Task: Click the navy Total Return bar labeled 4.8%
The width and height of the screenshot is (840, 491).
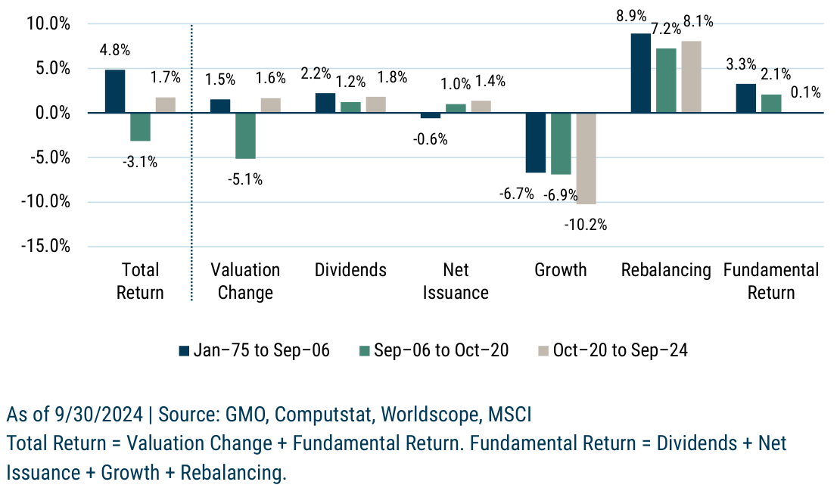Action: (x=115, y=92)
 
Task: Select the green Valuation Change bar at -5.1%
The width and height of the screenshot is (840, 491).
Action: (x=245, y=135)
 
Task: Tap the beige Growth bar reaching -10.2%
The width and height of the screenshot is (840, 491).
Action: (x=586, y=159)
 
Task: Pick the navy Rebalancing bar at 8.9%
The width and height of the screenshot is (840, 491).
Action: (x=640, y=73)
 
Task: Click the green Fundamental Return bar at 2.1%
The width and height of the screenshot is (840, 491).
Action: (x=771, y=104)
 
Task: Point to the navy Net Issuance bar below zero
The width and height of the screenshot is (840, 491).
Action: (x=430, y=116)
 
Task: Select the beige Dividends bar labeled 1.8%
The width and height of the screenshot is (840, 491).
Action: (x=375, y=105)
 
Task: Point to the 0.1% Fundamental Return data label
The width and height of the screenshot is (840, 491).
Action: (x=805, y=92)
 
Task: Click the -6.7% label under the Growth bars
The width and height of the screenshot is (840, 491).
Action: (x=517, y=194)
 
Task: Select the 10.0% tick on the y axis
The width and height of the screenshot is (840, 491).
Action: (x=49, y=24)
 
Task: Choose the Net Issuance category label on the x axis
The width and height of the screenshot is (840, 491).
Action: (x=455, y=281)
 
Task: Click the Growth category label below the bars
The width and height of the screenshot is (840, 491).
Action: (x=561, y=270)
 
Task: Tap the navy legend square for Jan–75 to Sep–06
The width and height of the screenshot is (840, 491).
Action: (x=183, y=350)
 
